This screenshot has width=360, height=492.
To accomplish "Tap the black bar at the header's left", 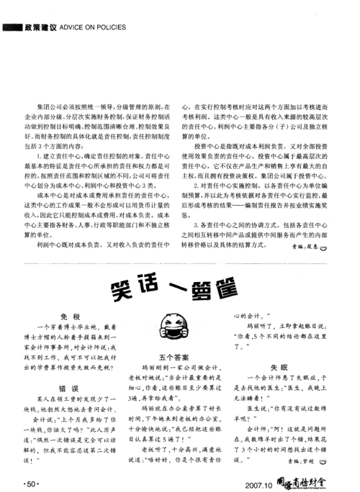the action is (x=13, y=27).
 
